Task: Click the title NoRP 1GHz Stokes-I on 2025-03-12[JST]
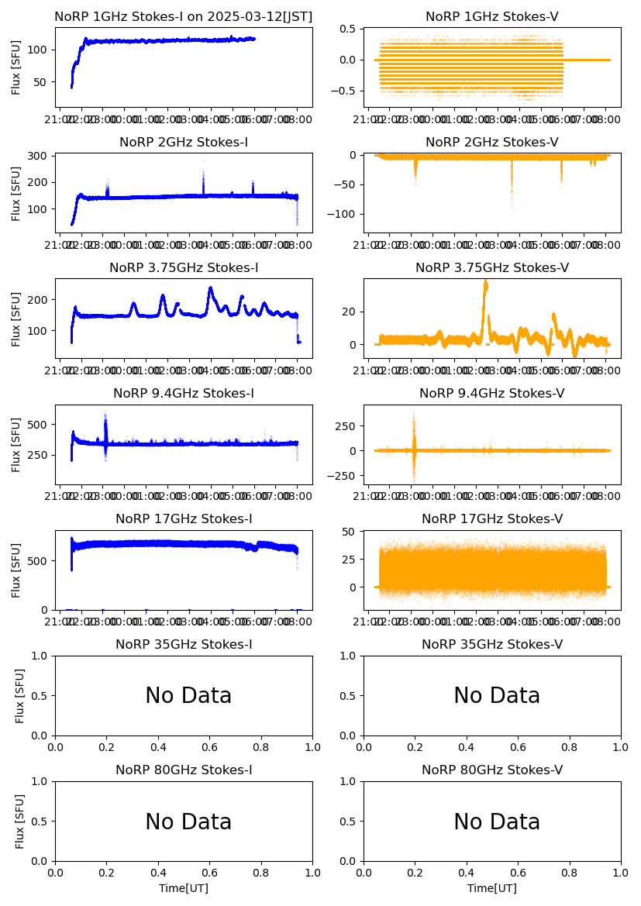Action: coord(184,17)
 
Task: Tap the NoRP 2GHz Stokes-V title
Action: coord(492,143)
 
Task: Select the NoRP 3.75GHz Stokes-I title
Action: coord(184,268)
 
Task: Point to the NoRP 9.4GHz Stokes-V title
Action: coord(492,394)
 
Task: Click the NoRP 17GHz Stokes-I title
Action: coord(184,519)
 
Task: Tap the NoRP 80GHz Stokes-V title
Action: coord(492,770)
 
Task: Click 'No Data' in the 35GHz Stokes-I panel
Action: coord(188,696)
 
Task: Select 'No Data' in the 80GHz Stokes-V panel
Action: coord(497,822)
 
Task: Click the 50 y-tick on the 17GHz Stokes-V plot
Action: coord(351,532)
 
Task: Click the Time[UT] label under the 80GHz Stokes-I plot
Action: coord(184,888)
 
